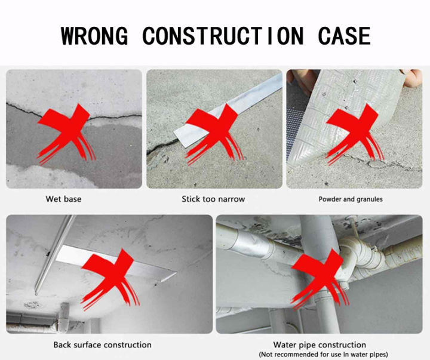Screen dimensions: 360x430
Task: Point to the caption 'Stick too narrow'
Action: [213, 199]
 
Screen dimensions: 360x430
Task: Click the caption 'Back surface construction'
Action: [102, 344]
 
